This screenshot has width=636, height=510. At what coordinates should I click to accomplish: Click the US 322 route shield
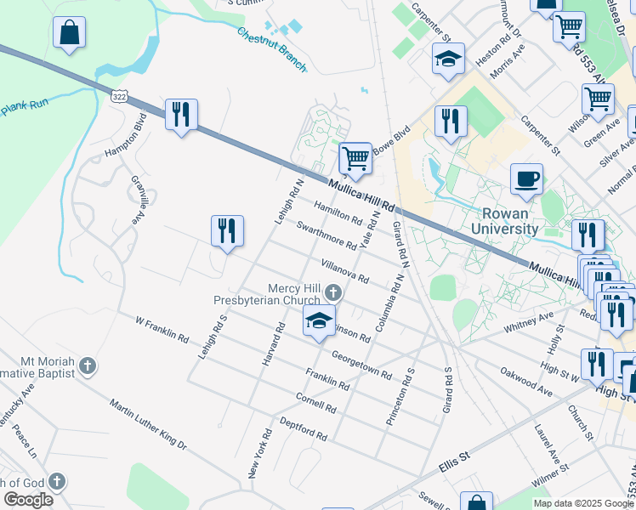119,96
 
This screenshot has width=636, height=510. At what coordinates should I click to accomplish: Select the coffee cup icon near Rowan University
526,179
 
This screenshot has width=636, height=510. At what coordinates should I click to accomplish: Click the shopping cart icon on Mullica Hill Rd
355,158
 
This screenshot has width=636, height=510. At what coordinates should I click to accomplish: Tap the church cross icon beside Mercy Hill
332,294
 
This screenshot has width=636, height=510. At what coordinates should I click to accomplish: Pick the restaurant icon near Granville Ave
227,231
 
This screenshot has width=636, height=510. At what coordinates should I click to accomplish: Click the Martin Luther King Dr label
148,422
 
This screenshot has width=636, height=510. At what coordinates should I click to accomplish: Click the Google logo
28,499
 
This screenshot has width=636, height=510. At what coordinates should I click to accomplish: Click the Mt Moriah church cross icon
87,366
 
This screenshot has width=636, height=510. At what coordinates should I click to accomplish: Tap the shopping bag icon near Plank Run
69,33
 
